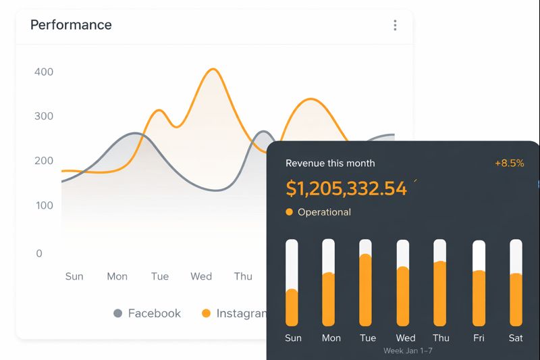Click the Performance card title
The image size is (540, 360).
(x=71, y=25)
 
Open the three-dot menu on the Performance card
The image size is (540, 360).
(x=395, y=25)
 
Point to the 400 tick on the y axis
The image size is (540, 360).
(x=43, y=72)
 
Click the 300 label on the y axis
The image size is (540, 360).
(x=43, y=116)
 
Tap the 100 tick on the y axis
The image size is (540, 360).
(x=43, y=205)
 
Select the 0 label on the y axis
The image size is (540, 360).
(x=39, y=253)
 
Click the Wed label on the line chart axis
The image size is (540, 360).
(x=201, y=276)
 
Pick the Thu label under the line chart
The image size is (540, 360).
(x=243, y=276)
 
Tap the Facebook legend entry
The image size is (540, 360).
(x=154, y=313)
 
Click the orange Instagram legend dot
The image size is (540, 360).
(x=207, y=313)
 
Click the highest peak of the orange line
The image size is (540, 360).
(x=213, y=70)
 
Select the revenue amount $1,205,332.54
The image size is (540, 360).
(x=346, y=188)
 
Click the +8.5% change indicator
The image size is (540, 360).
(x=509, y=163)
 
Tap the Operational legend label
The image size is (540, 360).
(x=324, y=212)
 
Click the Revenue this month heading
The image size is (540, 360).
(x=330, y=163)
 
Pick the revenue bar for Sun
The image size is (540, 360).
(x=292, y=307)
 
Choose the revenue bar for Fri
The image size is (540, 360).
(x=479, y=297)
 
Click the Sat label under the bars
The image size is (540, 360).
(x=516, y=338)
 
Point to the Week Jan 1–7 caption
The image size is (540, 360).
(x=408, y=351)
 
